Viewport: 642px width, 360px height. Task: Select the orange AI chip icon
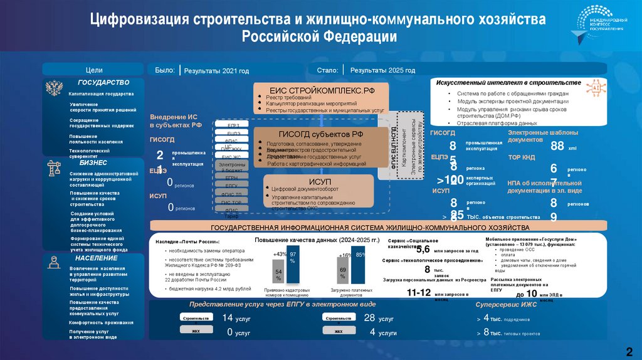click(x=593, y=89)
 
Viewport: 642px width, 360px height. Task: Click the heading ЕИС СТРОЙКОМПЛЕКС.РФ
click(x=322, y=90)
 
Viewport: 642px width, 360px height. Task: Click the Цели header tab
click(x=94, y=70)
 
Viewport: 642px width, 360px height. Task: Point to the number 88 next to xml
click(x=556, y=146)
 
